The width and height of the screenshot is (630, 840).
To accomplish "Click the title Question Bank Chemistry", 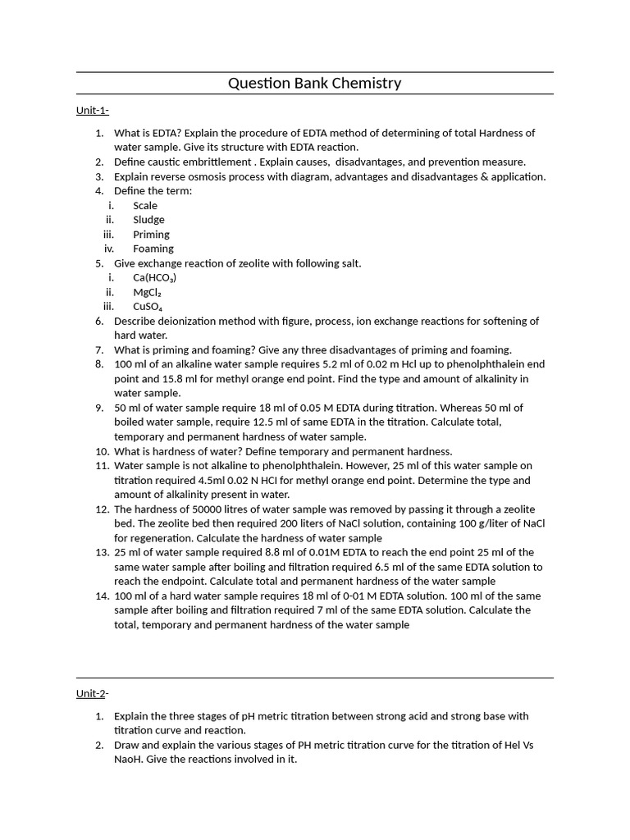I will pyautogui.click(x=314, y=83).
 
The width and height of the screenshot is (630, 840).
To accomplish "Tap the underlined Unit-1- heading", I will pyautogui.click(x=93, y=111).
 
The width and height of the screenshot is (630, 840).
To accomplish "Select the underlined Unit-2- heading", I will pyautogui.click(x=93, y=693).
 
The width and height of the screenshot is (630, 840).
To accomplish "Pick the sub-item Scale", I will pyautogui.click(x=145, y=205).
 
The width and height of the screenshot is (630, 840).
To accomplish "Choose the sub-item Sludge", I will pyautogui.click(x=148, y=220).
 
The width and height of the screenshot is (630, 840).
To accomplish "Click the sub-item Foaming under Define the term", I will pyautogui.click(x=153, y=249).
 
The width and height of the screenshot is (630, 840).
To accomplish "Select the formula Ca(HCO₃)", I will pyautogui.click(x=155, y=277).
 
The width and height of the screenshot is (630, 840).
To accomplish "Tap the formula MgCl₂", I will pyautogui.click(x=148, y=292).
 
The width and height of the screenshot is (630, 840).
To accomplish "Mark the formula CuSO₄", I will pyautogui.click(x=148, y=307).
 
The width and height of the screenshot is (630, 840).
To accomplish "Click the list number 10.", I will pyautogui.click(x=102, y=451).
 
